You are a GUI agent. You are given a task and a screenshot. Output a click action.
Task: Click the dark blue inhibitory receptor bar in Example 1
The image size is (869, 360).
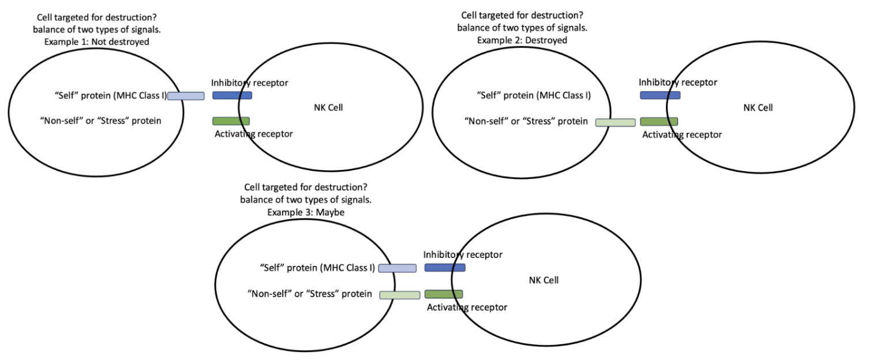click(x=232, y=95)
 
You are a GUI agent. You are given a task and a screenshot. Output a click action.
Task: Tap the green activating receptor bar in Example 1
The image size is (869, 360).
click(x=231, y=121)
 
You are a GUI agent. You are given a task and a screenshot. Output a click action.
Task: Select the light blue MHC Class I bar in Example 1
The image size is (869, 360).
click(x=186, y=96)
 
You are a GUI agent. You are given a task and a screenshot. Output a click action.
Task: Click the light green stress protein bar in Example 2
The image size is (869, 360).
click(x=615, y=122)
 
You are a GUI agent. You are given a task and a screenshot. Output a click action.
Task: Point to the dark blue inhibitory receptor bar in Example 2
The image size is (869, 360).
click(x=660, y=95)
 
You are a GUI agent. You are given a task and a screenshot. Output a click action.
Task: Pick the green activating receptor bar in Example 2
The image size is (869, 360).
click(x=659, y=122)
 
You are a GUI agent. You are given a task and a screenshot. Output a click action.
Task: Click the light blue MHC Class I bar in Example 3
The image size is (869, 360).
click(x=397, y=268)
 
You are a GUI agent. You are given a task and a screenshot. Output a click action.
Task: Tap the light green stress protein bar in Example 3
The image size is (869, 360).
click(x=399, y=295)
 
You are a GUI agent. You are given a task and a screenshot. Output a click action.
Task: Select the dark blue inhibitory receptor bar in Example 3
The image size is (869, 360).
click(x=445, y=268)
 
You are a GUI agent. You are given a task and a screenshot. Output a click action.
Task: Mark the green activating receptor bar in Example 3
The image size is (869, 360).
click(x=444, y=294)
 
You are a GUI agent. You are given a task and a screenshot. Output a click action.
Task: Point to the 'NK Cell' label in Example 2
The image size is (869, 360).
click(x=758, y=107)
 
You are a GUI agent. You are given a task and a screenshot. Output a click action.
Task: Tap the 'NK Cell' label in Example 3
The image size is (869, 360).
click(x=544, y=280)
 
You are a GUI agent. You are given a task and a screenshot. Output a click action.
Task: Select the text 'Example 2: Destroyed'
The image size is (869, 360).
click(x=522, y=40)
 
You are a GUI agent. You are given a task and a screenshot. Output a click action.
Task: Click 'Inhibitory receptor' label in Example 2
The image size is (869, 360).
click(x=678, y=82)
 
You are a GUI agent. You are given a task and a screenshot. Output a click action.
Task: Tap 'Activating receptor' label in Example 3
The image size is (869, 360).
click(x=467, y=307)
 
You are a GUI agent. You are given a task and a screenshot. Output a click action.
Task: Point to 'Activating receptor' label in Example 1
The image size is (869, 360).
click(x=252, y=134)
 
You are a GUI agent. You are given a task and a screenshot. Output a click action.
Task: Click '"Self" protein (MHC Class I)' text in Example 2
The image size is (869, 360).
click(x=534, y=96)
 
